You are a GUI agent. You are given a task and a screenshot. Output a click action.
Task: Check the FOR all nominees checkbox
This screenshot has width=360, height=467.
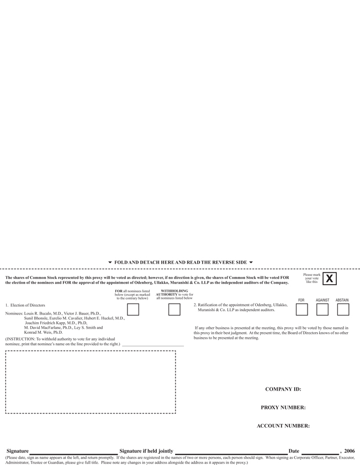pyautogui.click(x=133, y=309)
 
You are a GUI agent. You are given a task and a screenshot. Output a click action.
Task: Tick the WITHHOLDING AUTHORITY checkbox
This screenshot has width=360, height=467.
pyautogui.click(x=174, y=309)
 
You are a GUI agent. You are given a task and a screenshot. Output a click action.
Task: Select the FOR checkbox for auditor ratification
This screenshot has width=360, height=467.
pyautogui.click(x=301, y=309)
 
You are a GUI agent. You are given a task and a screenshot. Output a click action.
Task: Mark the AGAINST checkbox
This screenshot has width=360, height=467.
pyautogui.click(x=322, y=309)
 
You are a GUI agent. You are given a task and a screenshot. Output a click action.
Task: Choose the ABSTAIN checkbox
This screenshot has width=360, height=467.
pyautogui.click(x=342, y=309)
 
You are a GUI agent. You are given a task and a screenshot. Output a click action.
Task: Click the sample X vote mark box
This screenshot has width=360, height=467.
pyautogui.click(x=329, y=279)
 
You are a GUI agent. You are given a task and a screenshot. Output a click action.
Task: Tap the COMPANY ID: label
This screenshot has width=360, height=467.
pyautogui.click(x=283, y=389)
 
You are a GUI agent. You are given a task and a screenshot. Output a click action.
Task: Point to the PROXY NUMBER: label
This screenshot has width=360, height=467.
pyautogui.click(x=283, y=407)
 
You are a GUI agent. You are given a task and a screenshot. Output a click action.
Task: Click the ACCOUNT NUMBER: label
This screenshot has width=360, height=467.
pyautogui.click(x=283, y=426)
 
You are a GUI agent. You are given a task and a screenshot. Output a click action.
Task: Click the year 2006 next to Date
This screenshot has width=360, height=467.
pyautogui.click(x=349, y=451)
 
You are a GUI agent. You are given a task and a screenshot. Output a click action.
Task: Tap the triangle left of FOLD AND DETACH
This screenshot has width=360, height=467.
pyautogui.click(x=110, y=263)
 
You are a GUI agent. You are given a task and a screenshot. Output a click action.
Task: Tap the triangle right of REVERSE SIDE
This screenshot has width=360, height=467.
pyautogui.click(x=251, y=263)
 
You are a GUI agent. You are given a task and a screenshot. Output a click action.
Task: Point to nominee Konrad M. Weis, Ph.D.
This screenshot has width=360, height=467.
pyautogui.click(x=44, y=333)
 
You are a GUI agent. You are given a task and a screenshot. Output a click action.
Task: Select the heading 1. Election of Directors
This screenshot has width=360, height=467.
pyautogui.click(x=25, y=305)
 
